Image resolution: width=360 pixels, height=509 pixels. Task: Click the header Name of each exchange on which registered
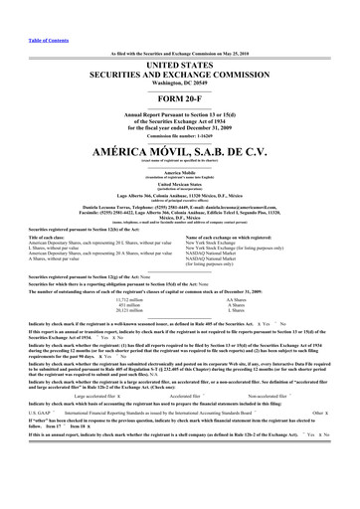pos(249,238)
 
